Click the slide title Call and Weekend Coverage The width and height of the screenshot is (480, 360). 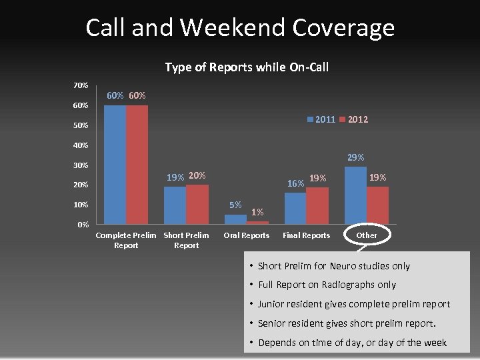pos(240,28)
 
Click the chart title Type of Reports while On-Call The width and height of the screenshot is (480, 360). pos(246,67)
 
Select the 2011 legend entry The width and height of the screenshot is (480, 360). pos(322,119)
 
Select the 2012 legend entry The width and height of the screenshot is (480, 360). pos(353,119)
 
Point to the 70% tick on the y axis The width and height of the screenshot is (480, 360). pos(80,85)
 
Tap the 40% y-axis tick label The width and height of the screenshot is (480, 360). pos(80,145)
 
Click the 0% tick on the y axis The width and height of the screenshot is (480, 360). pos(82,225)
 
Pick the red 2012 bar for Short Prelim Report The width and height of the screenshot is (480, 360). pos(197,204)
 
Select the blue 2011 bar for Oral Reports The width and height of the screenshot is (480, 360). pos(235,219)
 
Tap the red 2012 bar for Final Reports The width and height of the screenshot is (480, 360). pos(317,205)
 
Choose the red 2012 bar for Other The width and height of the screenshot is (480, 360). pos(377,205)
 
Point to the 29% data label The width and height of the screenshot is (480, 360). pos(356,158)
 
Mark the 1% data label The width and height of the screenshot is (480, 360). pos(257,213)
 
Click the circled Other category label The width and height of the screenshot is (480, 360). pos(367,235)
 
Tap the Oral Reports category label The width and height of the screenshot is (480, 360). pos(247,235)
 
